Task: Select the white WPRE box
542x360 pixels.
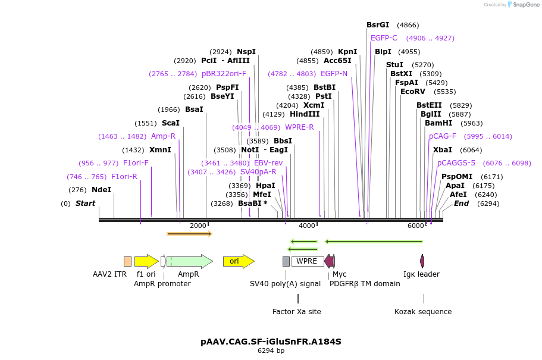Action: pyautogui.click(x=307, y=261)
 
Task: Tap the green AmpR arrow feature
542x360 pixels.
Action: pyautogui.click(x=189, y=261)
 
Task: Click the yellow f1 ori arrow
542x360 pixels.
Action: pyautogui.click(x=146, y=261)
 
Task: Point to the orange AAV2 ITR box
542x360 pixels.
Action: pyautogui.click(x=127, y=261)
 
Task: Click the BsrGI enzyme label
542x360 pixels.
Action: pyautogui.click(x=378, y=25)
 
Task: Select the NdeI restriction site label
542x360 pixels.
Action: pyautogui.click(x=101, y=190)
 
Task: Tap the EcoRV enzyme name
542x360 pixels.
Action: pyautogui.click(x=412, y=92)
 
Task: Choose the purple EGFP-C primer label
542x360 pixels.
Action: pyautogui.click(x=384, y=38)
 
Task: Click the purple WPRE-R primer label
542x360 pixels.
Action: pyautogui.click(x=299, y=127)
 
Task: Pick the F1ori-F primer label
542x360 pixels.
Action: pyautogui.click(x=136, y=163)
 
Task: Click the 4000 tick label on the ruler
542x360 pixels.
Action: pyautogui.click(x=306, y=226)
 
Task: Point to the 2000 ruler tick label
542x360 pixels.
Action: pyautogui.click(x=198, y=226)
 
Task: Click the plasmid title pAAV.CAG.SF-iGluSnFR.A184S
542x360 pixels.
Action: pyautogui.click(x=271, y=342)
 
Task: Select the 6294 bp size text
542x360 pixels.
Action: pyautogui.click(x=271, y=351)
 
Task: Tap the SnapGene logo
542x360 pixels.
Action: pyautogui.click(x=522, y=4)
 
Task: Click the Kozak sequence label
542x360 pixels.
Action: pyautogui.click(x=423, y=312)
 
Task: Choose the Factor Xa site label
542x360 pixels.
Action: pyautogui.click(x=296, y=312)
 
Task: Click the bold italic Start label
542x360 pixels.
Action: pyautogui.click(x=85, y=204)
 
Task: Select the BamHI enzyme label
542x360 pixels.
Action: pyautogui.click(x=438, y=123)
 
